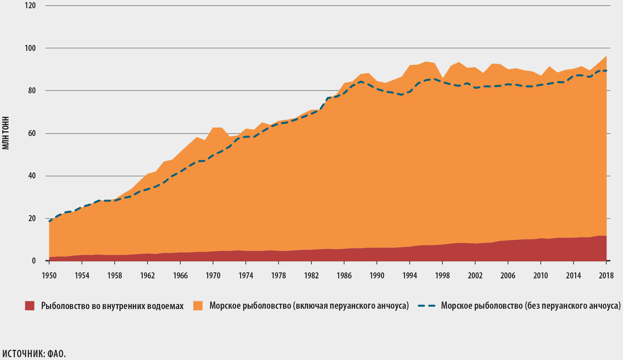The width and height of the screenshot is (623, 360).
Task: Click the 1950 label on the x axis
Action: pos(49,276)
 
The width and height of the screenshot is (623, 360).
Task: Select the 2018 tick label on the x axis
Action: pos(606,276)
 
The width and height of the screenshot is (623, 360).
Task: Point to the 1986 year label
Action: pos(344,276)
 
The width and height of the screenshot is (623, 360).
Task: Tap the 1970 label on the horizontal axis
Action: pos(213,276)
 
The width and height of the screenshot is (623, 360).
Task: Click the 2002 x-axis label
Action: pos(475,276)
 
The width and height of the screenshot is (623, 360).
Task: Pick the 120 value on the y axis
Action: pos(30,6)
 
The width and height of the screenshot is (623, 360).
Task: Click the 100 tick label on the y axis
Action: pos(30,48)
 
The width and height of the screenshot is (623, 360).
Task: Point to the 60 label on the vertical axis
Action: pos(32,133)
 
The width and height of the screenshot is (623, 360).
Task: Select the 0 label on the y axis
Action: pos(34,261)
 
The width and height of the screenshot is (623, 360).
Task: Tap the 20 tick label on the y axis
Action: pos(32,219)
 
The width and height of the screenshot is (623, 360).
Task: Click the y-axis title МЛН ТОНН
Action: pos(6,133)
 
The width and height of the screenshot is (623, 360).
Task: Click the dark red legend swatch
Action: pos(30,306)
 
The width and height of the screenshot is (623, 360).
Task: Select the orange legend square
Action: pos(198,306)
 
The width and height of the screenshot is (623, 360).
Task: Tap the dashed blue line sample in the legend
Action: pos(426,306)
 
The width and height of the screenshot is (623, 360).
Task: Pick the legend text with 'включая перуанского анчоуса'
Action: pos(309,306)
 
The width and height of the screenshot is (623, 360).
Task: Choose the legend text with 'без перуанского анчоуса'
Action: pos(531,306)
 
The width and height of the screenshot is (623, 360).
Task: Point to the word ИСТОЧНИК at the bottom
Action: pos(23,354)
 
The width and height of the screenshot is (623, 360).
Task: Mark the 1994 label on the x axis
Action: pos(409,276)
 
